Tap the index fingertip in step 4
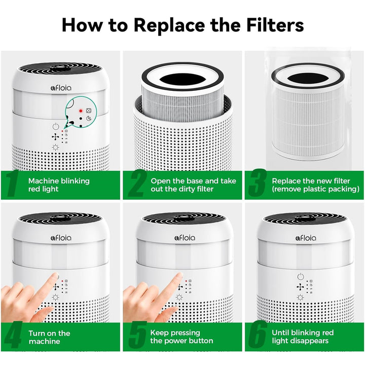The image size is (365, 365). pyautogui.click(x=55, y=278)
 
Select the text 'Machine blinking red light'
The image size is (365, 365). pyautogui.click(x=58, y=185)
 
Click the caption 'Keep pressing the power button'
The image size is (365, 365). pyautogui.click(x=181, y=337)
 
